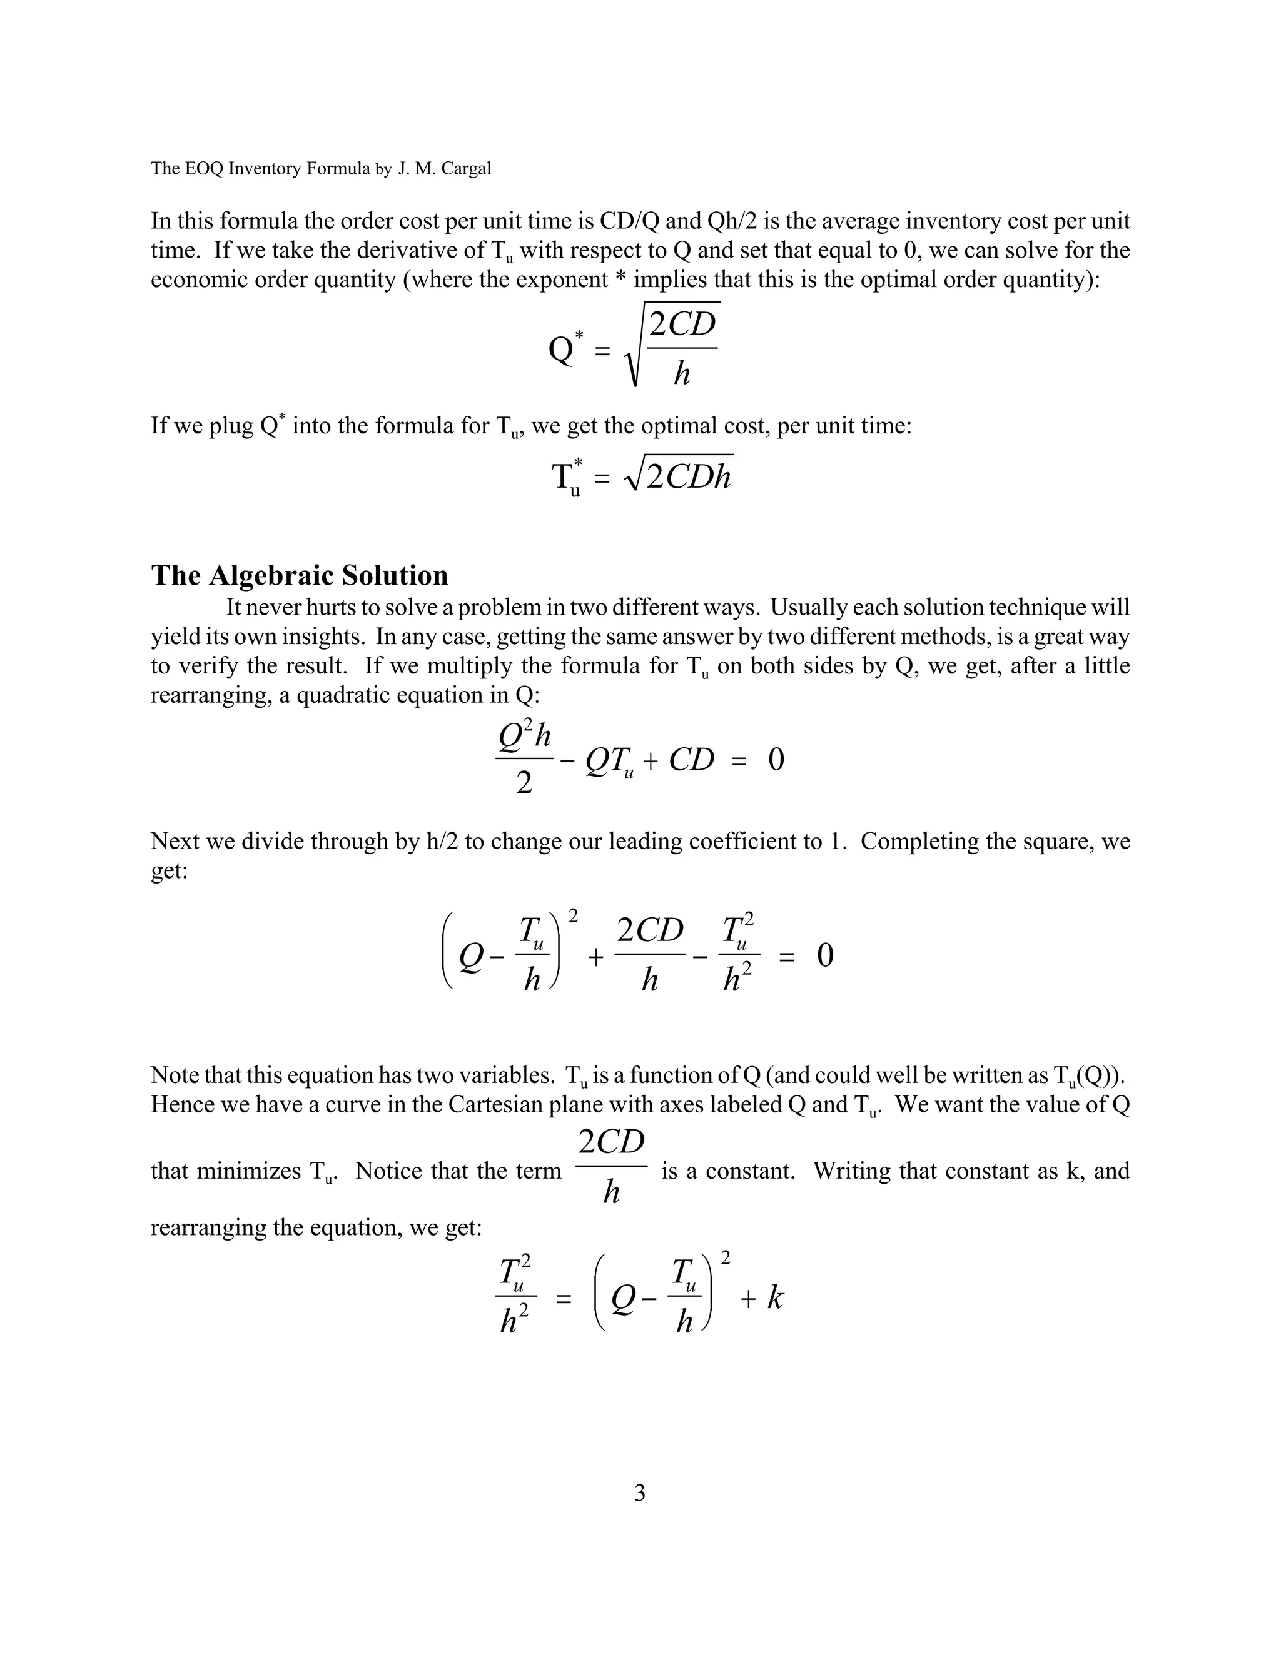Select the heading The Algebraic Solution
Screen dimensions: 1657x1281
coord(300,575)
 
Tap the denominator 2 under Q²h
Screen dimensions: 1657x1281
coord(524,783)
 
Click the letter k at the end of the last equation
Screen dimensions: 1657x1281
coord(774,1298)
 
